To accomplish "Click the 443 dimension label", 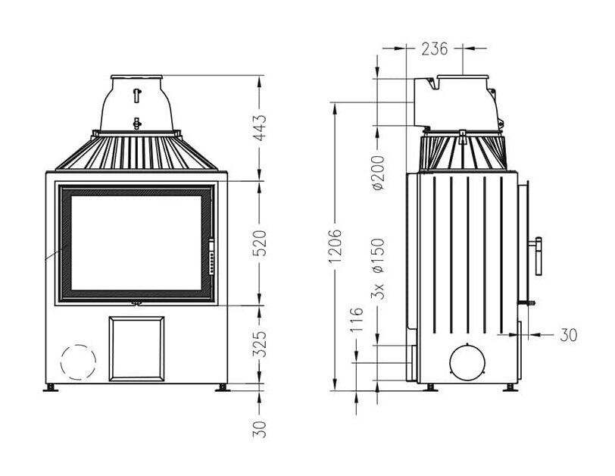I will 260,130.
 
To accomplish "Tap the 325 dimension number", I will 260,345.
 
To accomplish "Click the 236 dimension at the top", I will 434,49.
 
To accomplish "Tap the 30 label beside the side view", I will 568,334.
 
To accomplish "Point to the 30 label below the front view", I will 260,430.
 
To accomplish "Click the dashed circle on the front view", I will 79,361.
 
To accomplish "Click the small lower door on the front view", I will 136,348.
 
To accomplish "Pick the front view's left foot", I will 51,387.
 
